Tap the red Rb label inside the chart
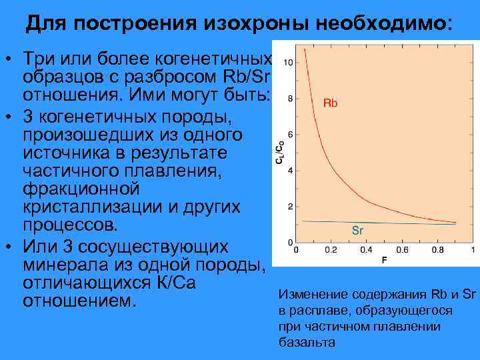tap(330, 103)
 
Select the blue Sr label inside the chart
tap(357, 231)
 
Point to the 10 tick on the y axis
tap(287, 63)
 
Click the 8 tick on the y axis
tap(289, 99)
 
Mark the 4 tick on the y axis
tap(289, 171)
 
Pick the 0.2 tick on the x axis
tap(330, 250)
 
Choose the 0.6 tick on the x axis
tap(401, 250)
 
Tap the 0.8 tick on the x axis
tap(437, 250)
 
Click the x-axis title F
tap(384, 259)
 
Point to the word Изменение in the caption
tap(309, 295)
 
